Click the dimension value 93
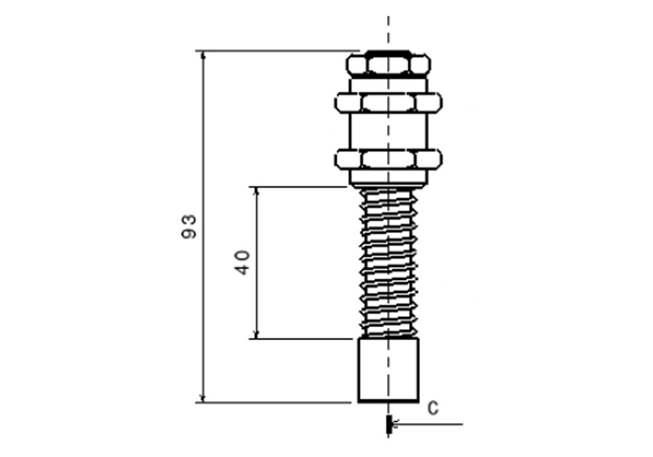coord(189,225)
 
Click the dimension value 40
coord(242,262)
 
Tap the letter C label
coord(432,409)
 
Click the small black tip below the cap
coord(389,424)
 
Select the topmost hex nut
coord(389,64)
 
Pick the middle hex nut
coord(389,102)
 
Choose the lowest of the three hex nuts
coord(389,159)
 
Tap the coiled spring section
coord(389,261)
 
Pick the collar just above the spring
coord(389,177)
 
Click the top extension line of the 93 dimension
coord(274,50)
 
